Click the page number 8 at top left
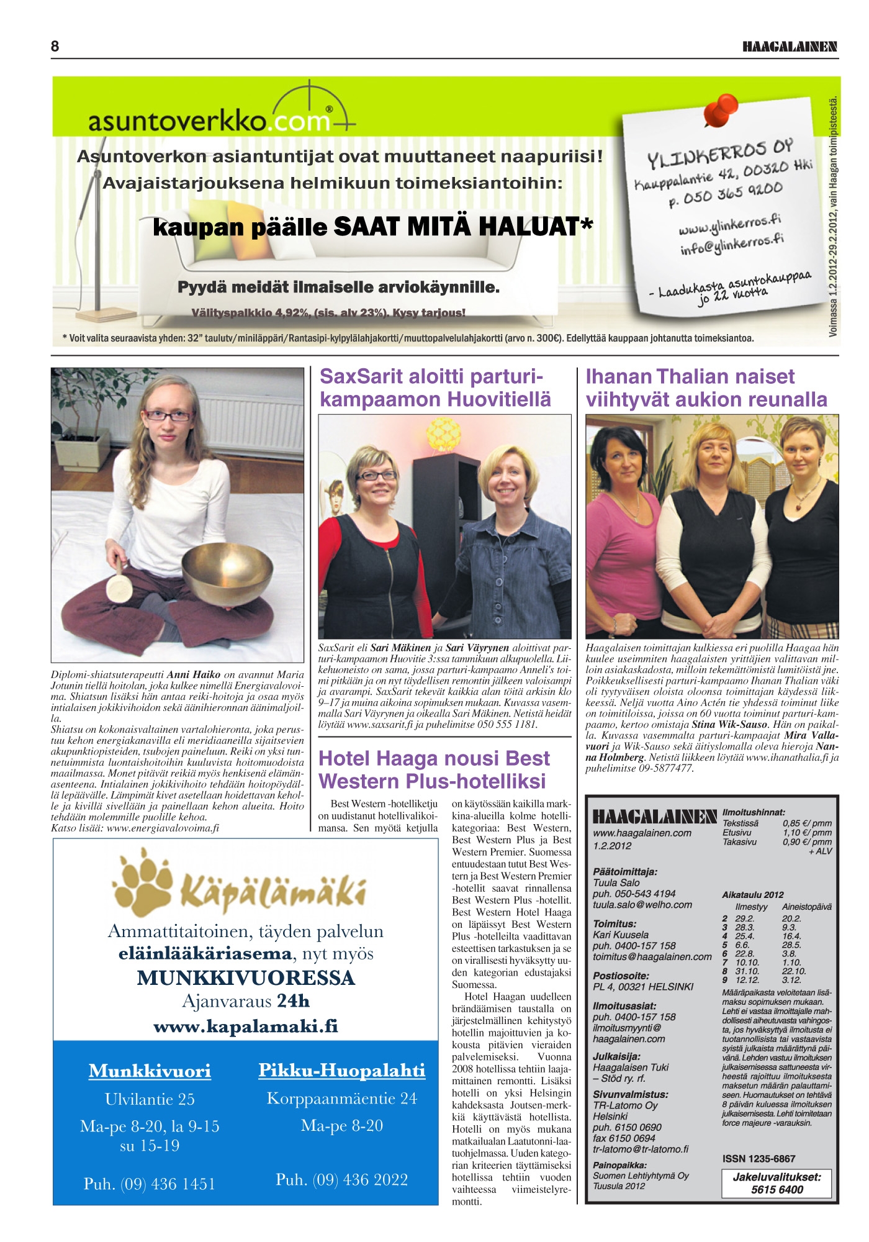coord(55,47)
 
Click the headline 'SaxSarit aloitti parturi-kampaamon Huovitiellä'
coord(434,388)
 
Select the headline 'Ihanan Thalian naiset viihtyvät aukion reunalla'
coord(706,388)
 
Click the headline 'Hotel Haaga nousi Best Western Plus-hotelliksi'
coord(434,769)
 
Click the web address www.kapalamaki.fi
coord(246,1026)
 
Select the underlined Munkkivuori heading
coord(150,1071)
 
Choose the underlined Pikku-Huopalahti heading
coord(342,1071)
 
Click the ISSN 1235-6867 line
coord(759,1159)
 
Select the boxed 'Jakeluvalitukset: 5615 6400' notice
coord(777,1184)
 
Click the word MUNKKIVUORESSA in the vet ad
coord(246,978)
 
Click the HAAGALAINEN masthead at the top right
coord(790,47)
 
